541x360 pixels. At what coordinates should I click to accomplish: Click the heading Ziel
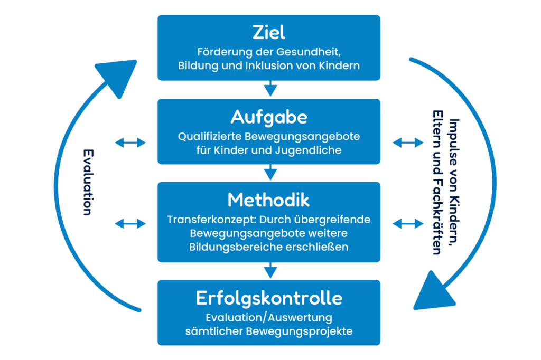point(269,32)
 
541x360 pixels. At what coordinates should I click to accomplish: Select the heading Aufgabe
point(269,116)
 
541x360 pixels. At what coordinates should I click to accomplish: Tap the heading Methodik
point(269,200)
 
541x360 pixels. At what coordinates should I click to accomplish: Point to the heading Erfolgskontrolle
point(269,298)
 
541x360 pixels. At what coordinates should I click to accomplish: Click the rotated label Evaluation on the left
point(88,182)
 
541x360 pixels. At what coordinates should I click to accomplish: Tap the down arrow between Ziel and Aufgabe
point(270,88)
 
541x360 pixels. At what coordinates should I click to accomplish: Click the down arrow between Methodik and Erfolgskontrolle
point(270,270)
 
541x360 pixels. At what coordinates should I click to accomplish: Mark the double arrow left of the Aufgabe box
point(130,142)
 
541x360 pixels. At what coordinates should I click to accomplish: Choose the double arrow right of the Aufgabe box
point(408,142)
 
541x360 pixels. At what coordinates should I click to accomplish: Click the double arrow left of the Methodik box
point(130,223)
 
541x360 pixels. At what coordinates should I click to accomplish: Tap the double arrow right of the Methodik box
point(408,223)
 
